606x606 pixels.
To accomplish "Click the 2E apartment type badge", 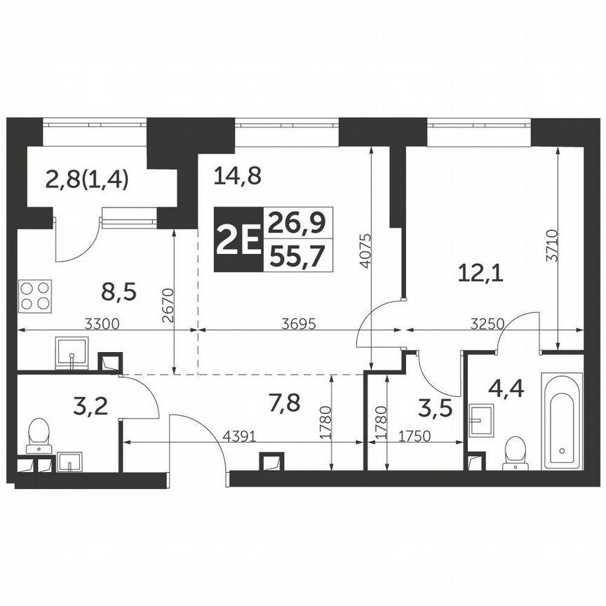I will pyautogui.click(x=237, y=240).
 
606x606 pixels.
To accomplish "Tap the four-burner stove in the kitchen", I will pyautogui.click(x=36, y=295).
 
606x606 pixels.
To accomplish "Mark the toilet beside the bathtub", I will pyautogui.click(x=516, y=452).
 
